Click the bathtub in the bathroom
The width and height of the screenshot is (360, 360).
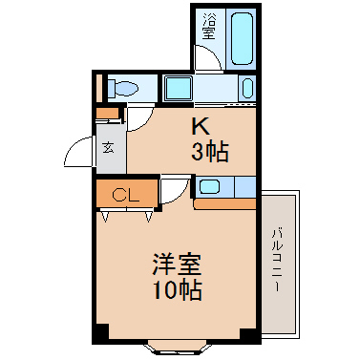[243, 38]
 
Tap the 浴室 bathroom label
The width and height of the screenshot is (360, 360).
[209, 27]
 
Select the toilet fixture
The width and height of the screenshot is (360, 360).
[123, 88]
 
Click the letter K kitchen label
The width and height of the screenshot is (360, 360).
[201, 126]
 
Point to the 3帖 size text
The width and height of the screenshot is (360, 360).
[209, 152]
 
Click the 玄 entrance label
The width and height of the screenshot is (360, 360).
[109, 147]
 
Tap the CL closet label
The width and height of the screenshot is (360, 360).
[126, 195]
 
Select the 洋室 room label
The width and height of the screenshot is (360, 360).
[177, 265]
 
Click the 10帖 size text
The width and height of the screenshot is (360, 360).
[178, 290]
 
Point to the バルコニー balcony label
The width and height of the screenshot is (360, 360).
[277, 259]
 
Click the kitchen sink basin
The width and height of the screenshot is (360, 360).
[208, 187]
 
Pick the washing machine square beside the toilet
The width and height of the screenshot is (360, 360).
[178, 88]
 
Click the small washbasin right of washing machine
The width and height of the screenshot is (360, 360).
[247, 88]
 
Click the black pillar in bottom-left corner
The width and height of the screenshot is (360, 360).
[101, 332]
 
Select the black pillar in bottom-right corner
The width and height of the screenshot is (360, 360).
[248, 332]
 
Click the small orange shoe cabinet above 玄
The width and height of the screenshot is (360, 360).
[108, 113]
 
